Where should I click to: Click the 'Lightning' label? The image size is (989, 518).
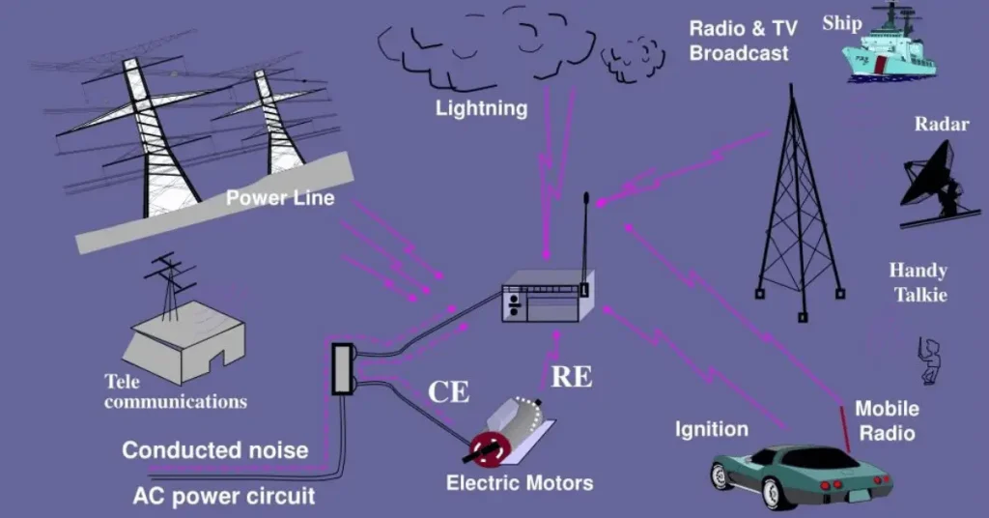(x=481, y=107)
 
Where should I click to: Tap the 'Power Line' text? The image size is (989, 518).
(x=280, y=198)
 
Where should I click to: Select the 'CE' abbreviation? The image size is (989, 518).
(x=449, y=391)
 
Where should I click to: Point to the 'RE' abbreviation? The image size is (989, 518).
(x=571, y=377)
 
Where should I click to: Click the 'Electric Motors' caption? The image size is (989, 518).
(x=520, y=482)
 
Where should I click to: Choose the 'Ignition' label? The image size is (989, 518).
(x=711, y=429)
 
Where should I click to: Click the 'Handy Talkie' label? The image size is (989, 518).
(x=918, y=282)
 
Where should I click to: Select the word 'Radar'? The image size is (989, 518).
(x=941, y=124)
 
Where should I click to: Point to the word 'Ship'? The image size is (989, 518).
(x=841, y=23)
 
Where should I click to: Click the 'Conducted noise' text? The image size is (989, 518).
(x=214, y=450)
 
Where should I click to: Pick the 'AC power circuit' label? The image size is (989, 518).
(x=223, y=497)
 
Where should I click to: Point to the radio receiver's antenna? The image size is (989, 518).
(x=585, y=242)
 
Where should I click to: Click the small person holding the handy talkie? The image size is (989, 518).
(x=929, y=360)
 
